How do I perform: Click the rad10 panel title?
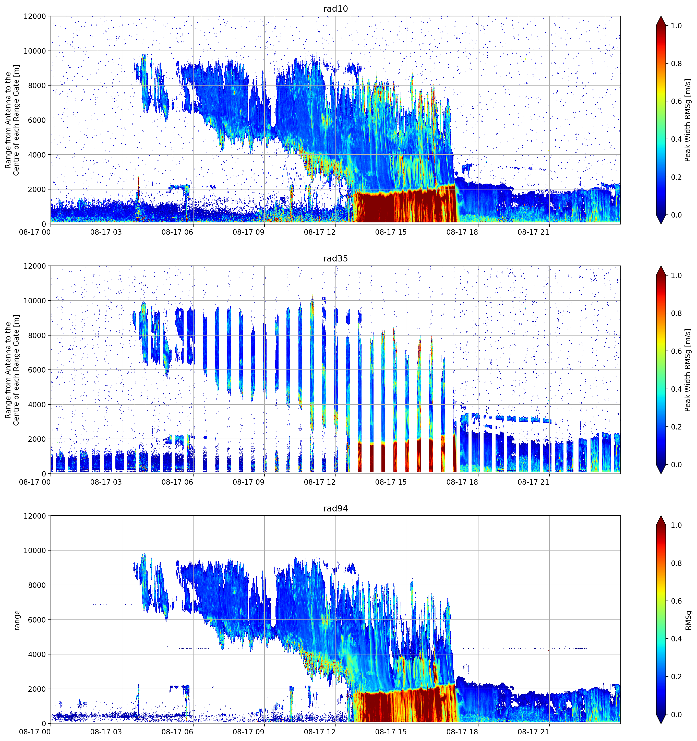335,9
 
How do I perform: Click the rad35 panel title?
335,258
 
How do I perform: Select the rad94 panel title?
335,508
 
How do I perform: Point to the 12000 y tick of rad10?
35,16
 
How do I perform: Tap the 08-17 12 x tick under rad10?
320,232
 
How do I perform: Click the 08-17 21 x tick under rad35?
533,482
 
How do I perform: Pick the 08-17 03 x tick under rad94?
106,732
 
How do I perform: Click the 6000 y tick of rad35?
37,370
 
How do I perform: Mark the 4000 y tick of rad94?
37,654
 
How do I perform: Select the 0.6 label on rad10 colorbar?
677,101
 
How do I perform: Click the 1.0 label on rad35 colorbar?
677,276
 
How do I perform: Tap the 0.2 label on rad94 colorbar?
677,676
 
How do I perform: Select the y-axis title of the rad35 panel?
12,370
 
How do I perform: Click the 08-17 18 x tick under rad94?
462,732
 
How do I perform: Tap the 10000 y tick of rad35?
35,301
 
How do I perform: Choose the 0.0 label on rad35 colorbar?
677,464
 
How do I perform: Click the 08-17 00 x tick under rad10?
35,232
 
